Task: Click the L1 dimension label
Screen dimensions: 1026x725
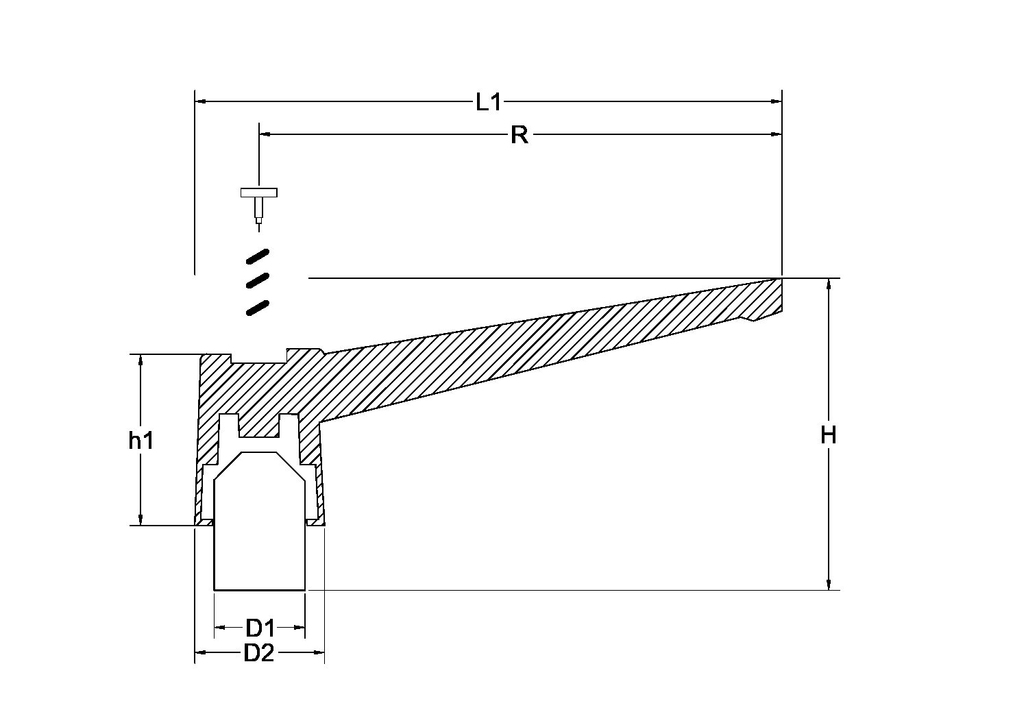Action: [x=489, y=101]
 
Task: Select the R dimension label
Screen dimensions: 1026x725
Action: [x=519, y=135]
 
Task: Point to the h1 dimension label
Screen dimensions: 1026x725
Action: [x=141, y=441]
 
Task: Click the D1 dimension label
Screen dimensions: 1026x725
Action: [x=260, y=628]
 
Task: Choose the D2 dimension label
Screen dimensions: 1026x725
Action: [x=259, y=653]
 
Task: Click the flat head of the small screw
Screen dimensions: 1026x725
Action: [x=259, y=193]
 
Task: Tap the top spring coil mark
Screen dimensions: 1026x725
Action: [x=258, y=256]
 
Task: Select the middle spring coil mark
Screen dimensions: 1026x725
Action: [x=258, y=280]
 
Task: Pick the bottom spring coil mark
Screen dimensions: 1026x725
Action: [x=258, y=308]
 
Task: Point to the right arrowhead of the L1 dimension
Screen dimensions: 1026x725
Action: [x=777, y=101]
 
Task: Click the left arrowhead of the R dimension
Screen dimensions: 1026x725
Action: [x=265, y=134]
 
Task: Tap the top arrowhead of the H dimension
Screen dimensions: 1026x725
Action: [x=828, y=284]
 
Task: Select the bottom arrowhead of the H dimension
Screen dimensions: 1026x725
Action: [x=828, y=584]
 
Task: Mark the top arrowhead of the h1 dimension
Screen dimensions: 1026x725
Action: [x=141, y=360]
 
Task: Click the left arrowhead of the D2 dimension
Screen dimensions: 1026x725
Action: [x=200, y=652]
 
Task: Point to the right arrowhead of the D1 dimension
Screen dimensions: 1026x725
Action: [x=299, y=627]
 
